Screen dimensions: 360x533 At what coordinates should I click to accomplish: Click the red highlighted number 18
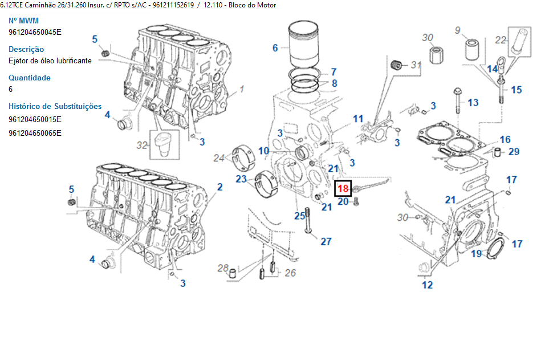(x=343, y=188)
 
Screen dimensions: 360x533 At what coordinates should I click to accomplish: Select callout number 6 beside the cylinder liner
(x=275, y=48)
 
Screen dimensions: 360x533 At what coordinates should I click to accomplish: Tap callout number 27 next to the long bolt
(x=326, y=241)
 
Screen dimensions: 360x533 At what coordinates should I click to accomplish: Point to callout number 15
(x=516, y=90)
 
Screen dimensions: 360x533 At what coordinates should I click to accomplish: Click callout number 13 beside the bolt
(x=473, y=102)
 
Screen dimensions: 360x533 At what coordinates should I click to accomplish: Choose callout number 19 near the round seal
(x=477, y=254)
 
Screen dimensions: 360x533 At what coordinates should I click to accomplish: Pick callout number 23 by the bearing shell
(x=241, y=179)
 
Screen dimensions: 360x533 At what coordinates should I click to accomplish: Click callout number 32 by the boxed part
(x=142, y=145)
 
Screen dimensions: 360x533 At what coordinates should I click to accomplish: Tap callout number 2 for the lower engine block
(x=219, y=187)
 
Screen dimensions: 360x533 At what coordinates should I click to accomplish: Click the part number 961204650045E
(x=35, y=32)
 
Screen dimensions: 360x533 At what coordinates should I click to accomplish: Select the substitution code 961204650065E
(x=35, y=133)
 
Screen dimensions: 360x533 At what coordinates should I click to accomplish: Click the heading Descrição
(x=26, y=49)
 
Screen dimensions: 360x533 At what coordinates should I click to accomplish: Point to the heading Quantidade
(x=30, y=78)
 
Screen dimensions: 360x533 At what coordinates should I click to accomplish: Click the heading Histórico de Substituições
(x=55, y=106)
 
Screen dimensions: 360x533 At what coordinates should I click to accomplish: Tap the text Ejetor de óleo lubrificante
(x=50, y=60)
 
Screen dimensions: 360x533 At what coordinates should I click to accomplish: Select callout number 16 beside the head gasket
(x=505, y=140)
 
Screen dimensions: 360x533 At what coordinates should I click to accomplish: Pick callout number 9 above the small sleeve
(x=457, y=30)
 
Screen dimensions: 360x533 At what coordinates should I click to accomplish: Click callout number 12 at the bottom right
(x=427, y=285)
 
